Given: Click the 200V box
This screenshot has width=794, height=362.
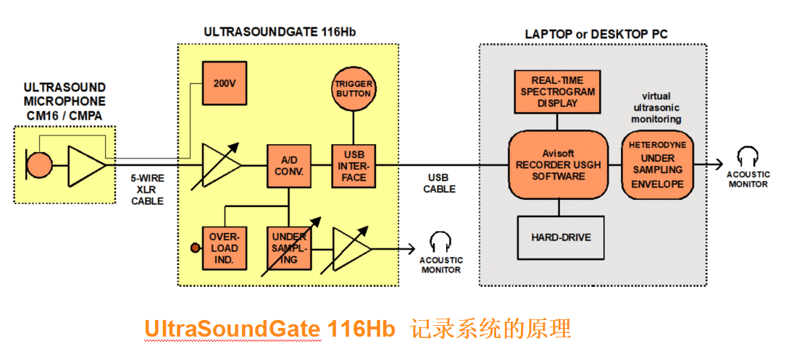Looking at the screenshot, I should (225, 84).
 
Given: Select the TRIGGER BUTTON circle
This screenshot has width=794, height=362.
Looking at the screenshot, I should (353, 89).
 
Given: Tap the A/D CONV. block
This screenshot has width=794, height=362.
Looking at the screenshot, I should (289, 167).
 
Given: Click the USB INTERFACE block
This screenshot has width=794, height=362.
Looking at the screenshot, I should (353, 166).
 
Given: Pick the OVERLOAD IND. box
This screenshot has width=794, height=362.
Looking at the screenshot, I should (224, 248).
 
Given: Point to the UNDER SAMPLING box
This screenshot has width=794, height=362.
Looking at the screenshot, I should (289, 248).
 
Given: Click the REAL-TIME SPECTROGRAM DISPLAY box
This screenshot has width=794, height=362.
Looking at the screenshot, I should (558, 92).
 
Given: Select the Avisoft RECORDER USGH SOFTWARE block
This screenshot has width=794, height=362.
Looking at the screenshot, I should (558, 165).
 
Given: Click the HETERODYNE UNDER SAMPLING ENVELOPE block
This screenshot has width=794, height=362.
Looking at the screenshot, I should (657, 164).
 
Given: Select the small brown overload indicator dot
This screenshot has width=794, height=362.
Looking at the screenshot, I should (194, 248).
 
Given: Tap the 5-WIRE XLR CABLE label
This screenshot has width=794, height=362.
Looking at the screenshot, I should (147, 190).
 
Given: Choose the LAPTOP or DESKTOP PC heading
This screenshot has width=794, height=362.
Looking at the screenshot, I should (595, 34).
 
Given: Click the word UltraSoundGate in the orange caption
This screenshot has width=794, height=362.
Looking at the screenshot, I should (232, 329).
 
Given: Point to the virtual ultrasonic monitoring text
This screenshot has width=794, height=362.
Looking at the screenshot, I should (656, 107).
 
